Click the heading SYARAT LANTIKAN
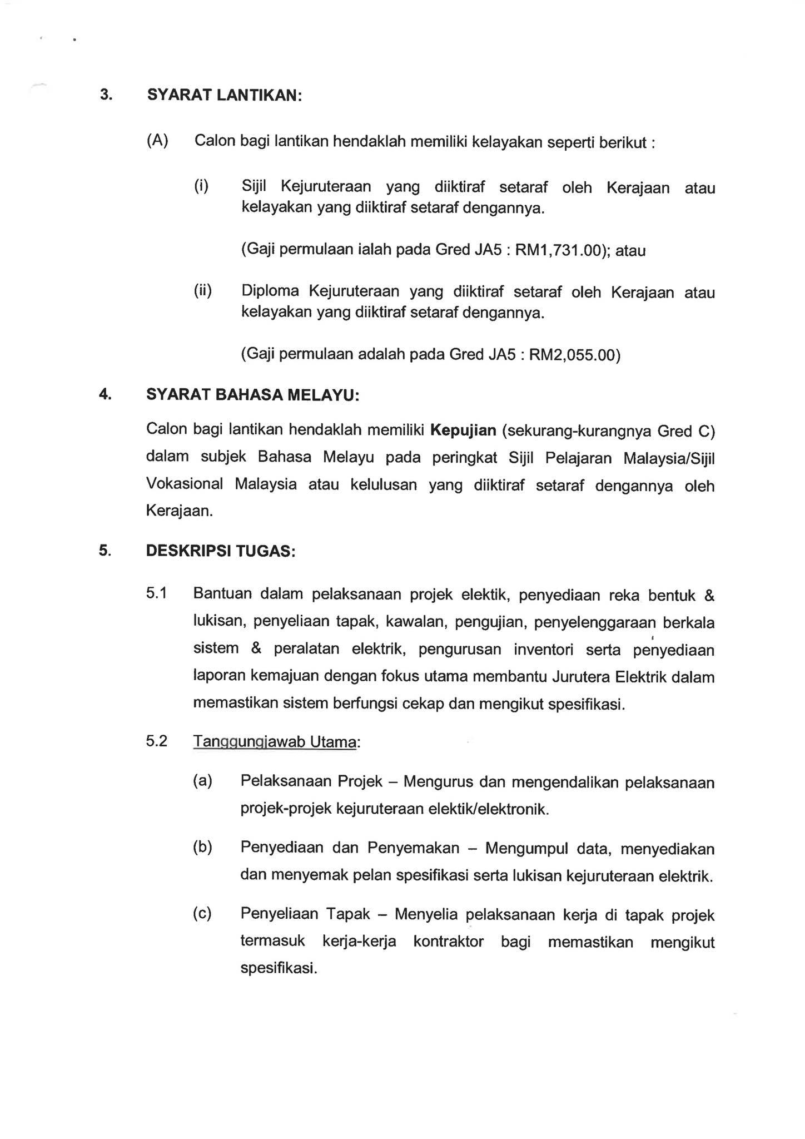tap(224, 95)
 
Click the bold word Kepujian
tap(463, 430)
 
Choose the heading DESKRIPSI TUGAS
tap(220, 551)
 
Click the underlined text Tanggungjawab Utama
tap(274, 741)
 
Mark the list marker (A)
tap(157, 141)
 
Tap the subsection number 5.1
tap(157, 593)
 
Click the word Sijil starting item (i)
tap(254, 186)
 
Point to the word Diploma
tap(270, 291)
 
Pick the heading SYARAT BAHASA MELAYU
tap(252, 395)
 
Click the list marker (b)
tap(202, 847)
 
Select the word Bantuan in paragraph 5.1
tap(222, 594)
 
